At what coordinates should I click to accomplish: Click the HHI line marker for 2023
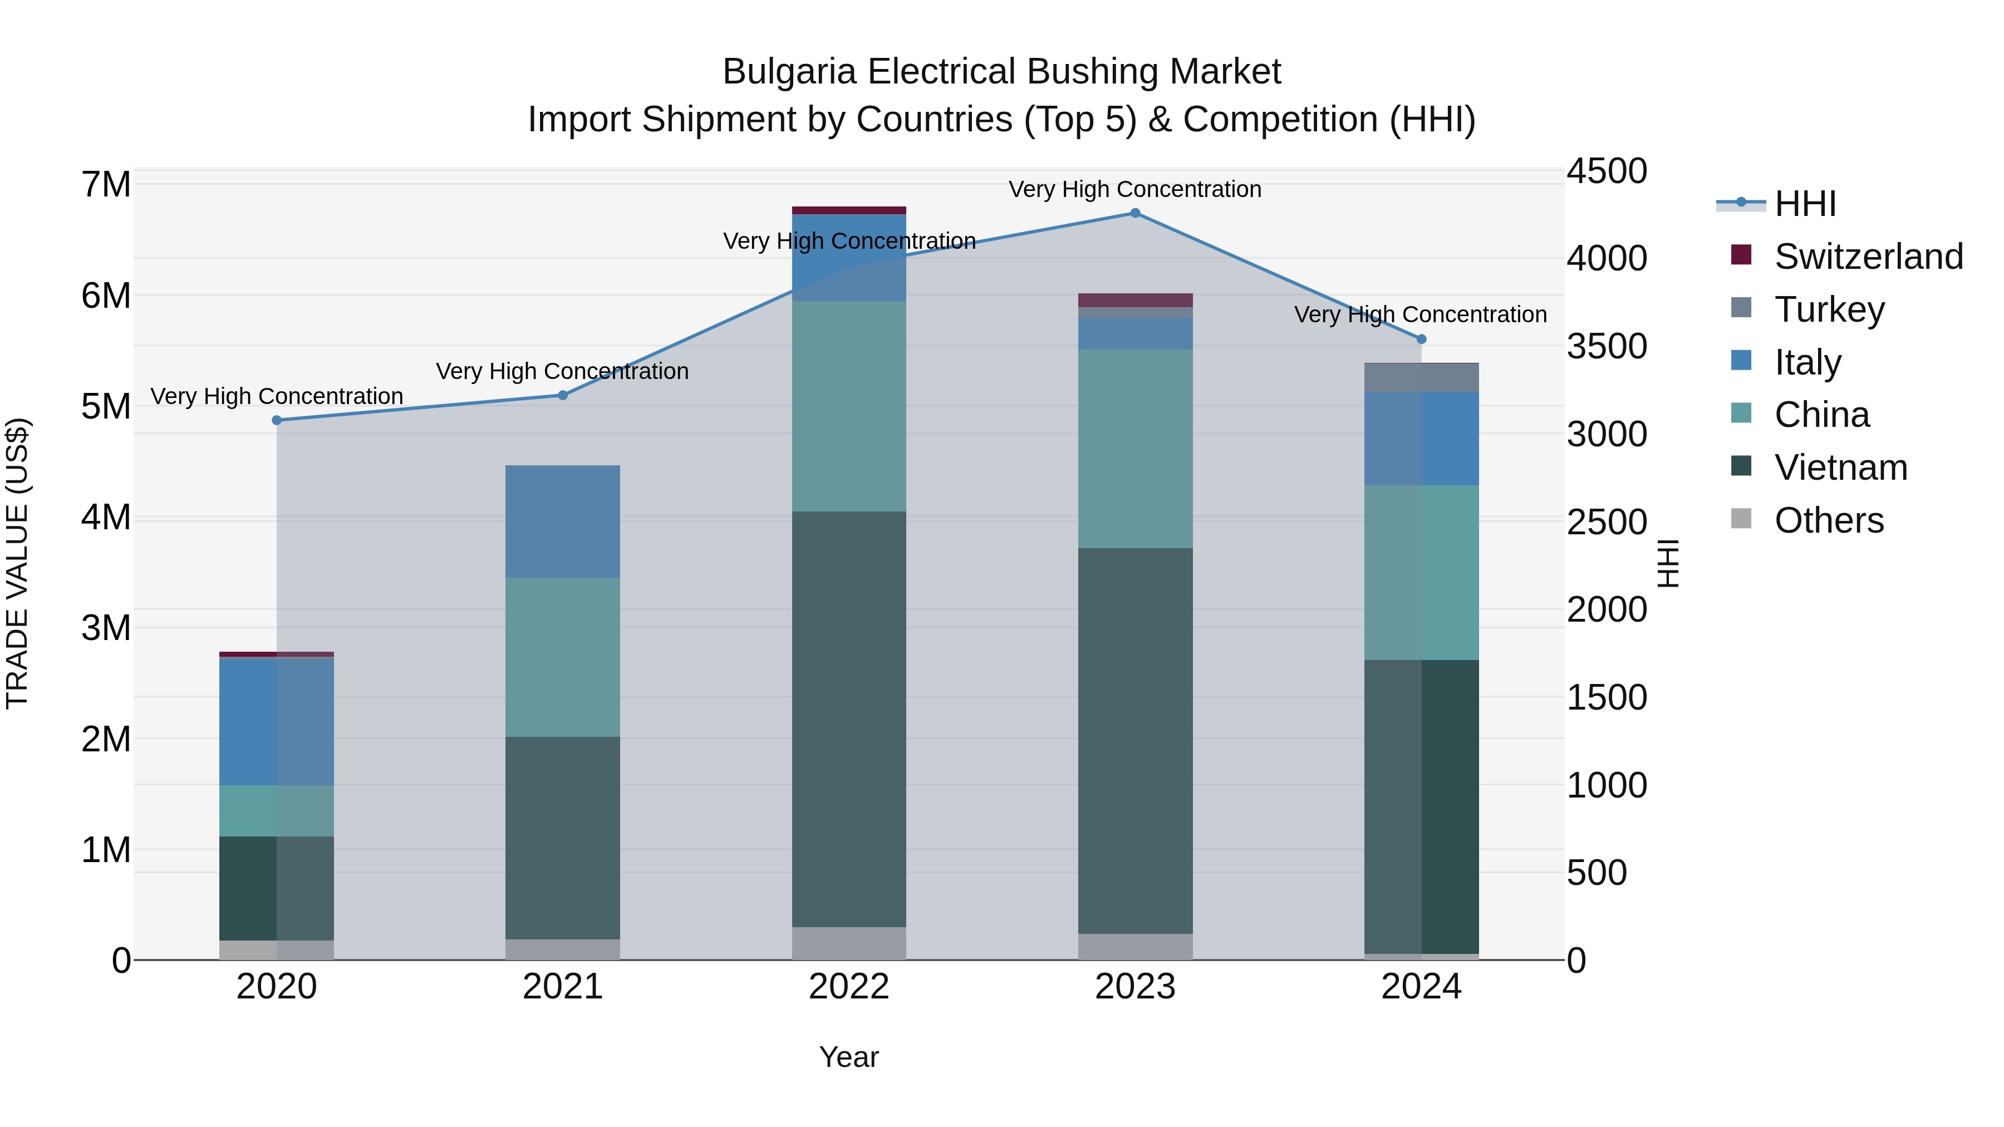pyautogui.click(x=1135, y=213)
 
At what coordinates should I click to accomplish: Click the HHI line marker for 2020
pyautogui.click(x=277, y=420)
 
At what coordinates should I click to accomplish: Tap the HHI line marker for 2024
pyautogui.click(x=1421, y=339)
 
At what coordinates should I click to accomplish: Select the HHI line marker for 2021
pyautogui.click(x=563, y=395)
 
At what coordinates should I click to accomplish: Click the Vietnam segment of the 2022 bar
pyautogui.click(x=849, y=720)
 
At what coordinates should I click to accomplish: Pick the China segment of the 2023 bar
pyautogui.click(x=1135, y=449)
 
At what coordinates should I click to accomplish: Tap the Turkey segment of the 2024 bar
pyautogui.click(x=1421, y=378)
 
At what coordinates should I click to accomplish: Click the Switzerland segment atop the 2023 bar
pyautogui.click(x=1135, y=300)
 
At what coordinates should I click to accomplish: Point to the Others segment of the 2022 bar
pyautogui.click(x=849, y=943)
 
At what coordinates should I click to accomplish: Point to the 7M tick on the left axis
pyautogui.click(x=106, y=185)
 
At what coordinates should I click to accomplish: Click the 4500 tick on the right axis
pyautogui.click(x=1607, y=171)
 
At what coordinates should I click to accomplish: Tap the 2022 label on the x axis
pyautogui.click(x=849, y=987)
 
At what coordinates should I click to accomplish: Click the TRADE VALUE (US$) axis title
pyautogui.click(x=18, y=564)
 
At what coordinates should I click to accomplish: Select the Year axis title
pyautogui.click(x=849, y=1057)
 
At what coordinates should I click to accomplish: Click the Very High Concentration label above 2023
pyautogui.click(x=1135, y=189)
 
